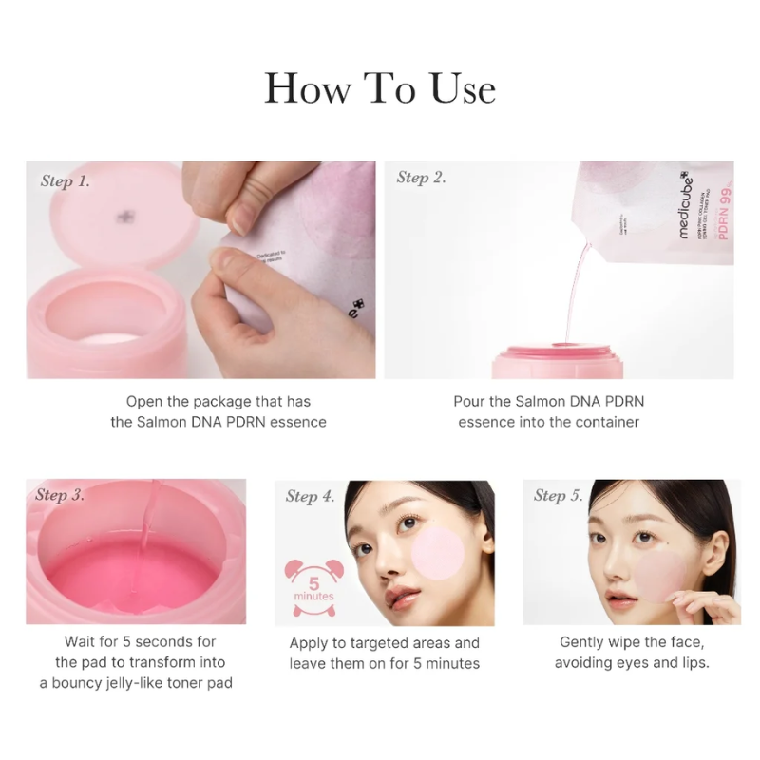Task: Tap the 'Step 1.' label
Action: (66, 180)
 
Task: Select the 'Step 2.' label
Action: (421, 178)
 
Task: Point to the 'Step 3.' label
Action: (60, 495)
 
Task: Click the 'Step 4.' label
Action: (310, 496)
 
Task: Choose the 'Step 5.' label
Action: (559, 495)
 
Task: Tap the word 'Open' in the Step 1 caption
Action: (145, 402)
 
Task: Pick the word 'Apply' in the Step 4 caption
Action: (310, 643)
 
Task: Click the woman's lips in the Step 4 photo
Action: (401, 598)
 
